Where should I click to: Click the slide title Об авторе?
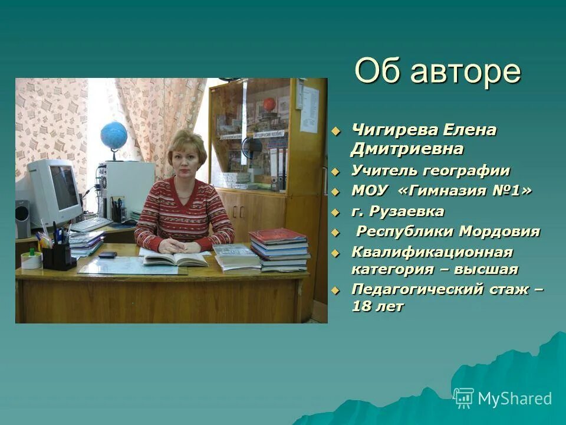coord(438,72)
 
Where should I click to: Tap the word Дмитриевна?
coord(407,149)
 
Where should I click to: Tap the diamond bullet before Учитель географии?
coord(336,172)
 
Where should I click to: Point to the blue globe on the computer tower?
coord(114,136)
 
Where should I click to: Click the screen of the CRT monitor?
coord(63,187)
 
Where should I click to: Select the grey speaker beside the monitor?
coord(22,219)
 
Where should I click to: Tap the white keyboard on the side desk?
coord(90,224)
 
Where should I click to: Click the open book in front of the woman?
coord(175,258)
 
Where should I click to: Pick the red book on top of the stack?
coord(278,236)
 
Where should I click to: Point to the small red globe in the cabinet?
coord(269,104)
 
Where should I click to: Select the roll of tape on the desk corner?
coord(31,260)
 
